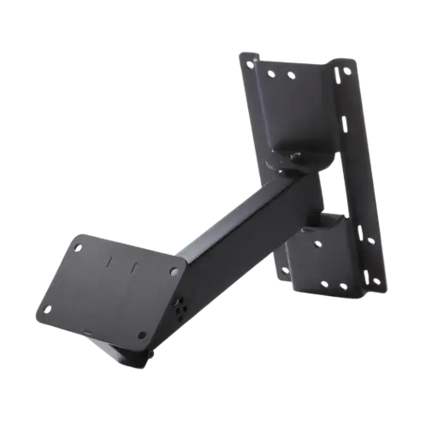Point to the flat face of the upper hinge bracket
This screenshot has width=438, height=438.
point(291,120)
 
